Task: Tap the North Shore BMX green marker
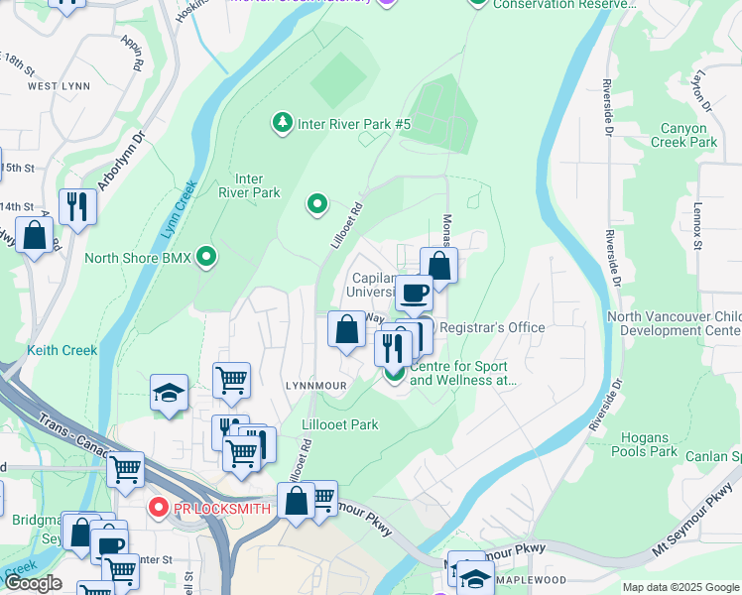206,258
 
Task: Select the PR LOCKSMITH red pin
157,509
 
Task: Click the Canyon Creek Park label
683,135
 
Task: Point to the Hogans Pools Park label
650,444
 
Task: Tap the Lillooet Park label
339,424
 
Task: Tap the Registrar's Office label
492,327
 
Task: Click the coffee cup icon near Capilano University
414,292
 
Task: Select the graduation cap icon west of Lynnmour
169,392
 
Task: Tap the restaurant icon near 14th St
76,206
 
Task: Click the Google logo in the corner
33,583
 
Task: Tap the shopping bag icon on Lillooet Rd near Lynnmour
347,329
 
